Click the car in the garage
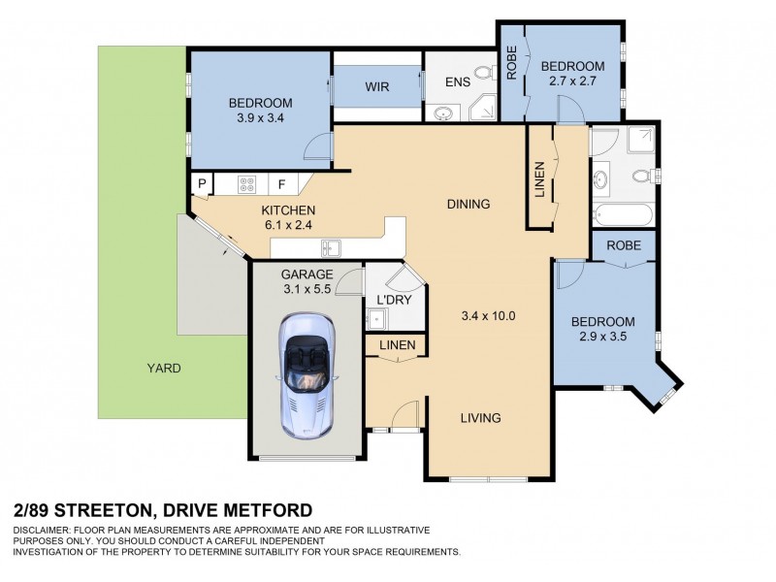[x=307, y=374]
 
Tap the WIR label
[x=377, y=87]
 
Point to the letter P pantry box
[x=202, y=182]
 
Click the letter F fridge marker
[x=282, y=182]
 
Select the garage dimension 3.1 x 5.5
[x=307, y=289]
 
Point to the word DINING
[x=469, y=204]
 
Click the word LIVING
[x=479, y=418]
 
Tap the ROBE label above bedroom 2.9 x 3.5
[x=624, y=245]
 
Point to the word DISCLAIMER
[x=45, y=531]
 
